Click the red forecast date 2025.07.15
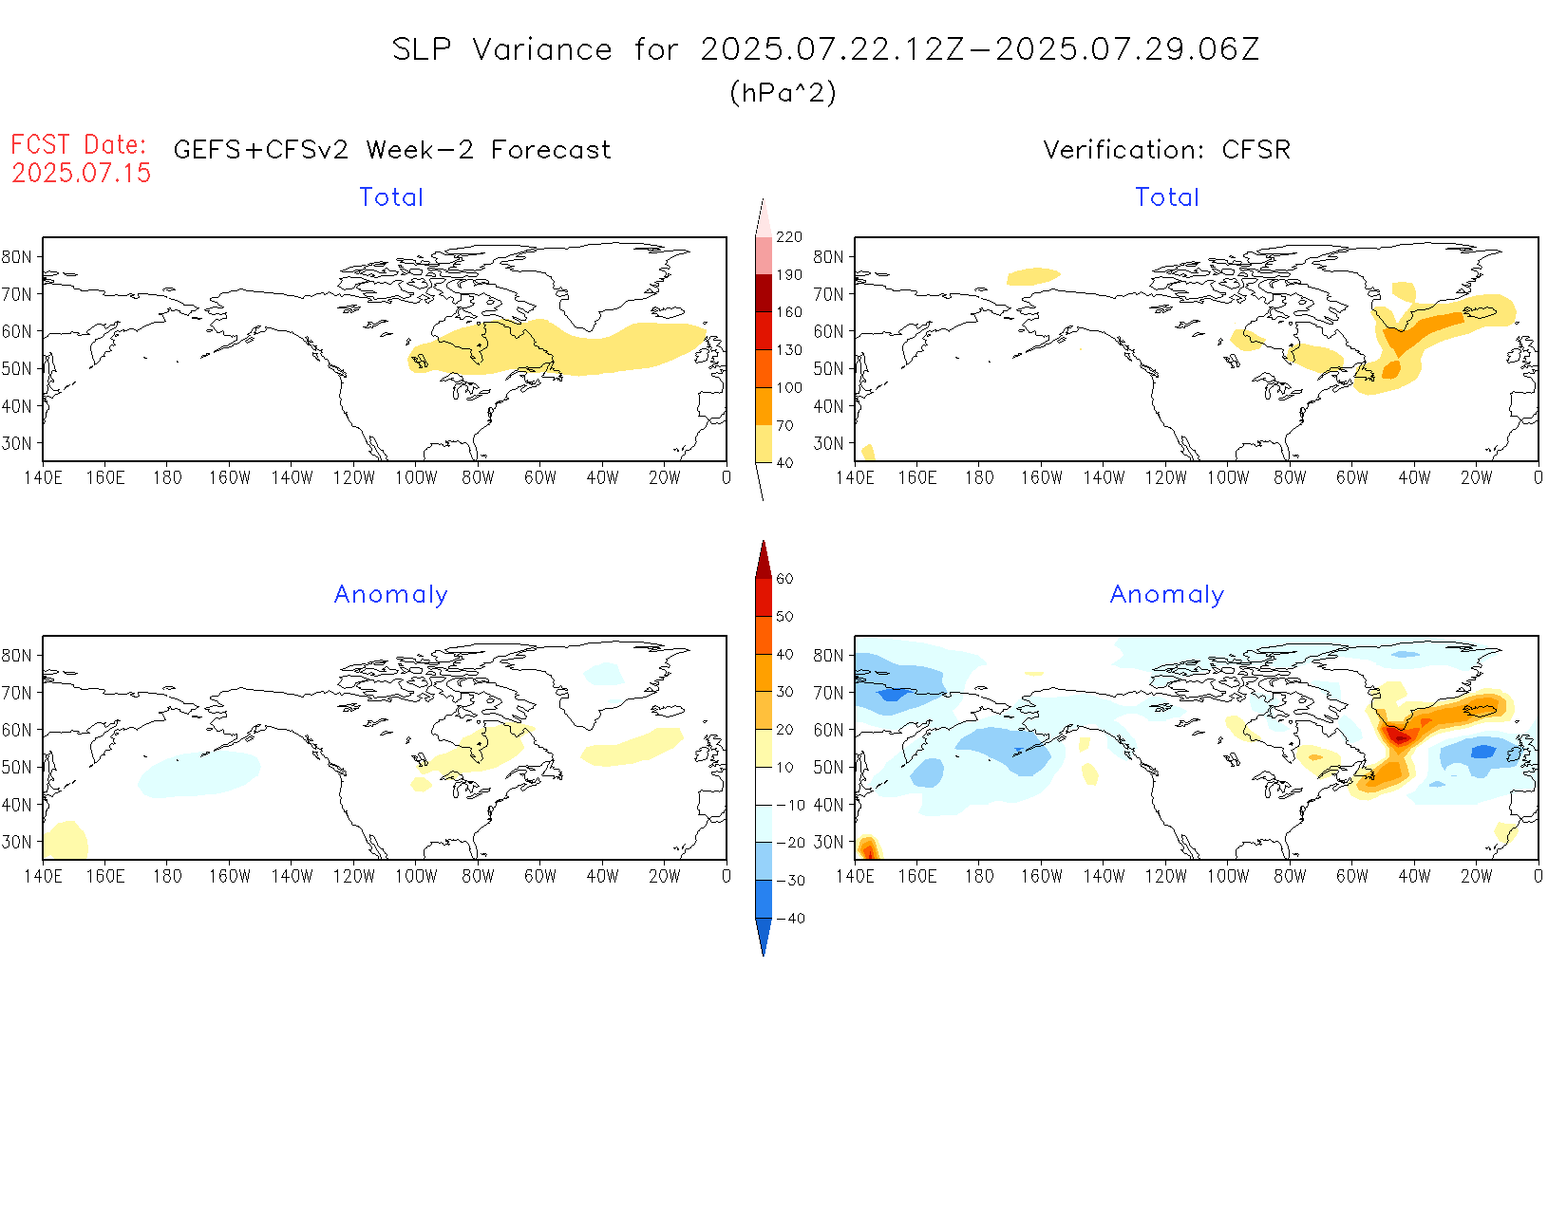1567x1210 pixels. coord(82,173)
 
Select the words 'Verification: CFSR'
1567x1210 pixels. coord(1166,150)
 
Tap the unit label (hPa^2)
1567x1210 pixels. coord(783,92)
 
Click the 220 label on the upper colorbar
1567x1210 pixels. coord(789,237)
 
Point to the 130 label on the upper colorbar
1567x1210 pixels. coord(789,350)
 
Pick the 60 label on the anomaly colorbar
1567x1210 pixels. coord(784,579)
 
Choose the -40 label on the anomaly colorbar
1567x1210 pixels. coord(790,919)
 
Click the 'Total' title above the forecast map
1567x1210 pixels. coord(391,197)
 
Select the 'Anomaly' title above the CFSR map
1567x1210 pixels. coord(1167,595)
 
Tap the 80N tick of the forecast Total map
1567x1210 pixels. coord(16,257)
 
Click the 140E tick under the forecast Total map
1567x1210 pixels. coord(43,478)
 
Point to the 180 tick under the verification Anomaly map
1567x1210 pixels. coord(979,877)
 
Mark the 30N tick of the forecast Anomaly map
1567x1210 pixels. coord(16,842)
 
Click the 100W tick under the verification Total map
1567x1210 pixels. coord(1228,478)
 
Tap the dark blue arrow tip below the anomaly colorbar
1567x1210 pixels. coord(764,940)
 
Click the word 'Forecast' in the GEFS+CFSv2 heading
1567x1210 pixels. coord(551,150)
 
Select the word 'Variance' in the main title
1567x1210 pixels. coord(542,49)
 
